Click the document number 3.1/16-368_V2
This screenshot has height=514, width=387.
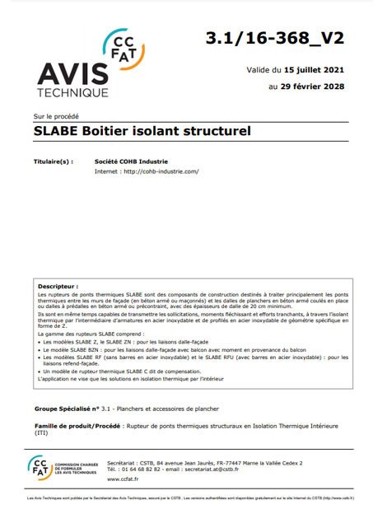(282, 37)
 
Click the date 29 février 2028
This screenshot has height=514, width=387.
(317, 86)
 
